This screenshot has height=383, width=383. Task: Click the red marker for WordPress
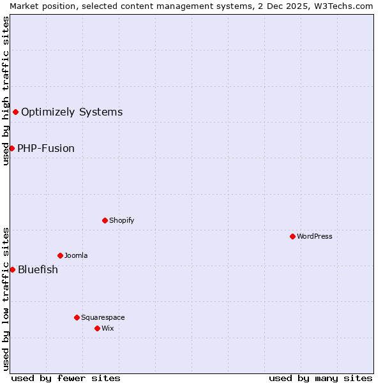click(292, 236)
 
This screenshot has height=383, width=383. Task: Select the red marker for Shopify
click(105, 220)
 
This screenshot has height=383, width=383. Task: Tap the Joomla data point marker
click(60, 255)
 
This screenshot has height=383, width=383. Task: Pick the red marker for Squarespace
click(77, 317)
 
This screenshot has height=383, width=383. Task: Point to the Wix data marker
click(97, 328)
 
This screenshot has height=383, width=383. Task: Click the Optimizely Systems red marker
click(15, 112)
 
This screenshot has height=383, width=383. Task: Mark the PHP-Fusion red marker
click(11, 149)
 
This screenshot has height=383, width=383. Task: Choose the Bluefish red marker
click(12, 269)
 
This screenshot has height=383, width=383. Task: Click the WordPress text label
click(315, 236)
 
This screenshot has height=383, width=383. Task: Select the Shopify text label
click(122, 220)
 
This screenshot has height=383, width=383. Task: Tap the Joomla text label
click(76, 255)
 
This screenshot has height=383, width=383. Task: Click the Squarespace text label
click(103, 317)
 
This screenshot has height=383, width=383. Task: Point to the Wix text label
click(108, 328)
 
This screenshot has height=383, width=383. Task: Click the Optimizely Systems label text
click(72, 112)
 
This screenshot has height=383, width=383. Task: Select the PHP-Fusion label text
click(46, 149)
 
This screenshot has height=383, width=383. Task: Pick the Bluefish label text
click(38, 269)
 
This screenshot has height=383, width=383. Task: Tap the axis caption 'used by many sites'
click(320, 378)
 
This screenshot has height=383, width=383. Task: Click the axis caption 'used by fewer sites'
click(66, 378)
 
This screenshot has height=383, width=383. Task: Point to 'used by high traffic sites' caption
click(6, 91)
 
